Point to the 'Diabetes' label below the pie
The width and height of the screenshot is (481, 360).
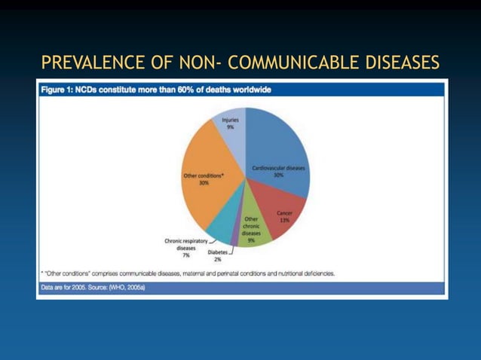218,252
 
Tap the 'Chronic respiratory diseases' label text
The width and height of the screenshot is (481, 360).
185,244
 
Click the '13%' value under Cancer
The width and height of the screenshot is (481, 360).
285,221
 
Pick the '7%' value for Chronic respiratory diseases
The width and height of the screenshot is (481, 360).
185,255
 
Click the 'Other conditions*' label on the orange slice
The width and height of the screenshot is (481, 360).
204,175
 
